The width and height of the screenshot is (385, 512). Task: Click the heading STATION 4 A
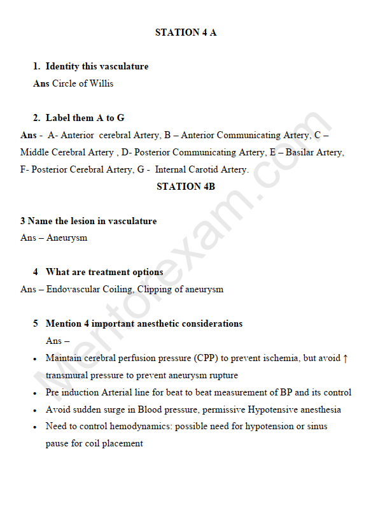186,32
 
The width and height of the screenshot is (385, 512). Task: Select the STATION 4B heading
186,187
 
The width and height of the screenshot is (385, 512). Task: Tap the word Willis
101,83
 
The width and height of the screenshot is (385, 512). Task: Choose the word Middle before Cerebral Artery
34,152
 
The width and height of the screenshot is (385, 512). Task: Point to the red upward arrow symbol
346,358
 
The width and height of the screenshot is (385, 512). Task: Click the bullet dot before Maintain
34,359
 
